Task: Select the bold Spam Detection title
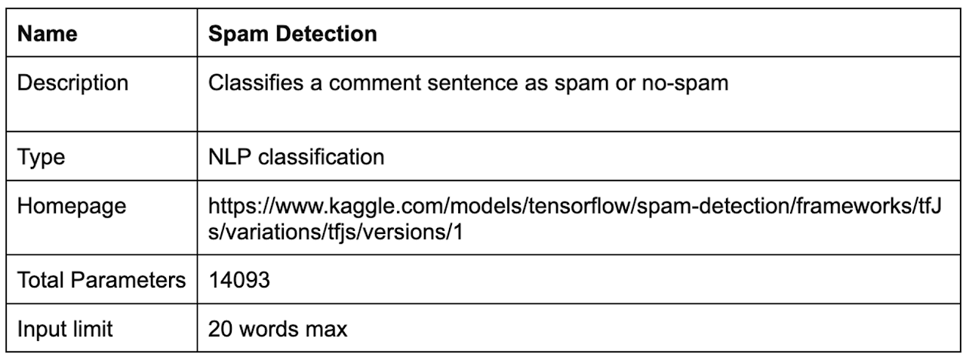pyautogui.click(x=292, y=35)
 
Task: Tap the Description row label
pyautogui.click(x=73, y=83)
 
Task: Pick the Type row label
pyautogui.click(x=42, y=157)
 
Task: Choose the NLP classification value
pyautogui.click(x=296, y=157)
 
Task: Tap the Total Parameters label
pyautogui.click(x=101, y=281)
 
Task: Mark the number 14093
pyautogui.click(x=239, y=281)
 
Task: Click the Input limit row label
pyautogui.click(x=66, y=330)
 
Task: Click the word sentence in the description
pyautogui.click(x=469, y=83)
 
